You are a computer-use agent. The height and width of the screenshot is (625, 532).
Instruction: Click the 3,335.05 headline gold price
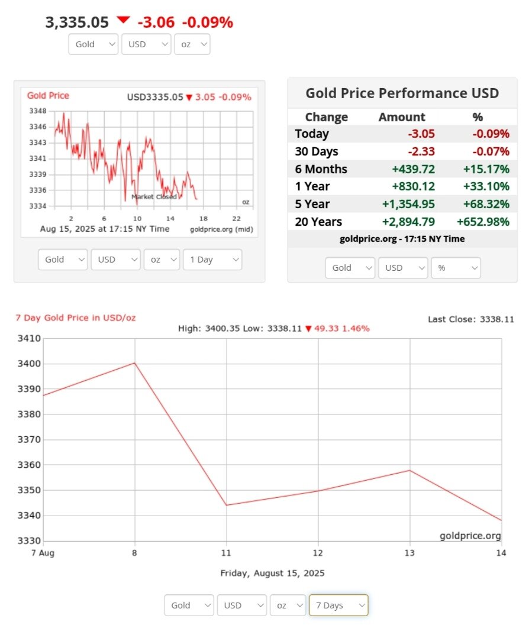(x=77, y=22)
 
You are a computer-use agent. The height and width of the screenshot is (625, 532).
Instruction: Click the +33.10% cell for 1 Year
(x=483, y=187)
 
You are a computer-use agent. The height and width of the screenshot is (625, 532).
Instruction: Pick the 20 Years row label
(x=318, y=222)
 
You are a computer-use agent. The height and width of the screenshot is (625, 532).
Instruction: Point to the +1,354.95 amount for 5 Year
(x=409, y=204)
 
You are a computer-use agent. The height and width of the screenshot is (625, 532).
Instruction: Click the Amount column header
(x=402, y=117)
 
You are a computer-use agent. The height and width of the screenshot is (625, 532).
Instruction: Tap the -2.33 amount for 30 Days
(x=421, y=151)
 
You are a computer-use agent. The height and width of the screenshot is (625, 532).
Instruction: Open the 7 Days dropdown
(x=338, y=605)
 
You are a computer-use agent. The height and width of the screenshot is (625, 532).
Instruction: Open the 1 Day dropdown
(x=212, y=260)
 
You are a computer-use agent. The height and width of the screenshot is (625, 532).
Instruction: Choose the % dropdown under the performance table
(x=456, y=268)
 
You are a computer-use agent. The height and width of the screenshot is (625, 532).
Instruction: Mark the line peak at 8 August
(x=136, y=363)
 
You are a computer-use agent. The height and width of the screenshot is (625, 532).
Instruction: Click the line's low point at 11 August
(x=227, y=505)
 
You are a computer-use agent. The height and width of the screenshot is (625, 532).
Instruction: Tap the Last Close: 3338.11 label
(x=471, y=319)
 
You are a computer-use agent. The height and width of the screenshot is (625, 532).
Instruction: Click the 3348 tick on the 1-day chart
(x=37, y=111)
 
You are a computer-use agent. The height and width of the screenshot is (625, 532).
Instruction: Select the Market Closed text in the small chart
(x=154, y=197)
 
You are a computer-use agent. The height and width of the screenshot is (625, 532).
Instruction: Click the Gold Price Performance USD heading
(x=402, y=93)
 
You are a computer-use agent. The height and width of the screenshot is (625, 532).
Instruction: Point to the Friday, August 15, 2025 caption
(x=272, y=573)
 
